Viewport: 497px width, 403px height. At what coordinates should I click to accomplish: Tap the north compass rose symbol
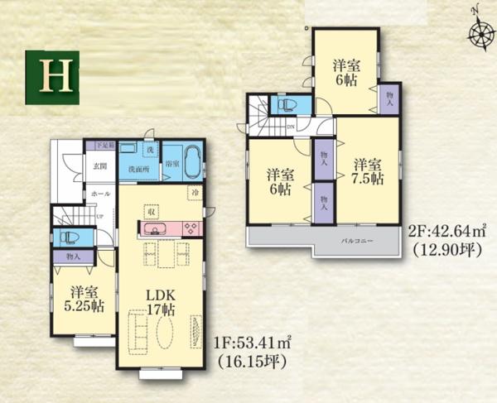click(x=478, y=34)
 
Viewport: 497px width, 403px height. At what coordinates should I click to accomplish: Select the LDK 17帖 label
click(x=159, y=303)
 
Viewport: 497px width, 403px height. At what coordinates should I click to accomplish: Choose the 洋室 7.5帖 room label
click(x=365, y=170)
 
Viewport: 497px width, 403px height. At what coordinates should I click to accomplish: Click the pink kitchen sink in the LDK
click(x=155, y=229)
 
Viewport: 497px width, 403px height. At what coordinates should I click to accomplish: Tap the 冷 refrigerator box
click(x=193, y=193)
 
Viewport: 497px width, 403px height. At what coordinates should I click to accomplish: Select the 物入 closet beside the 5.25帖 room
click(x=73, y=257)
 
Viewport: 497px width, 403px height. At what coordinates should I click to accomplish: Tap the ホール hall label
click(x=99, y=193)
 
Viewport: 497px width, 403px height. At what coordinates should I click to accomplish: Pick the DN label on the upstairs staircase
click(x=291, y=127)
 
